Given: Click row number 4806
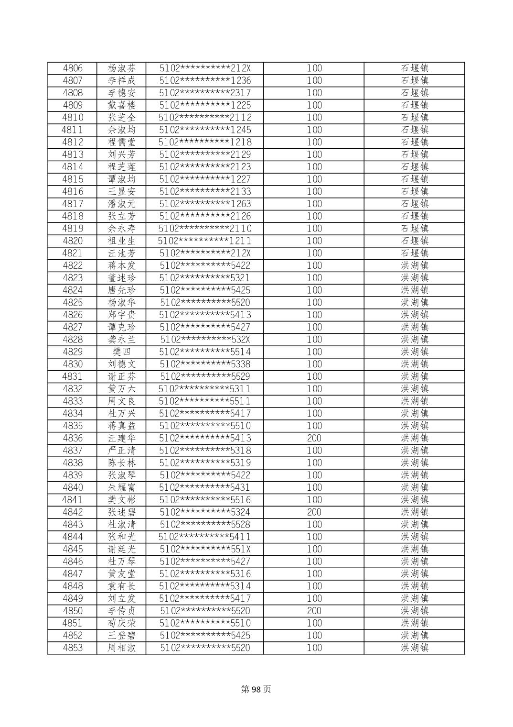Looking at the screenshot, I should [73, 68].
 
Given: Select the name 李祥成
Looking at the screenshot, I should [121, 80].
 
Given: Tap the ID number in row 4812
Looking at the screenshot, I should [205, 142].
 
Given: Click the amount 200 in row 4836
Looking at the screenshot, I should [314, 438].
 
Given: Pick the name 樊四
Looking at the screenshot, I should [121, 352].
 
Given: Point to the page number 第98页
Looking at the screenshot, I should [256, 689].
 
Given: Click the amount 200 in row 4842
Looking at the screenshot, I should [314, 512].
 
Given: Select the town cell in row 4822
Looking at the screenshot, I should [414, 265].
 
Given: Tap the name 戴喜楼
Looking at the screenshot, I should [121, 105].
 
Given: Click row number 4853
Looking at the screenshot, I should [73, 648].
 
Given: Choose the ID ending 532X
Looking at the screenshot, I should [205, 340].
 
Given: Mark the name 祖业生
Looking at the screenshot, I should [121, 241].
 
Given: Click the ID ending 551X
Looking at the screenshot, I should [205, 549].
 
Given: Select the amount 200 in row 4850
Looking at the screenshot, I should [314, 611].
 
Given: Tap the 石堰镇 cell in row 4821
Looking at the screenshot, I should [414, 253].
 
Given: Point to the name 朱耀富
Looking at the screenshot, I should [121, 487].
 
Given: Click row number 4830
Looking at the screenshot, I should [73, 364].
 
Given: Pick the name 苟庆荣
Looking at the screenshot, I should [121, 623].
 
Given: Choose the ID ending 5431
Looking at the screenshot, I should [205, 487].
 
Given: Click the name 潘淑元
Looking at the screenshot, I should [121, 204].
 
